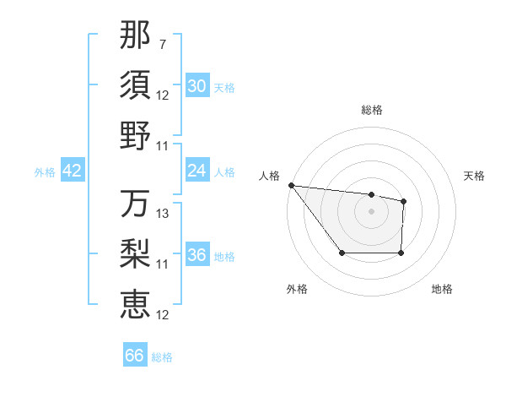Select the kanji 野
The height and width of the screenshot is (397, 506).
[135, 135]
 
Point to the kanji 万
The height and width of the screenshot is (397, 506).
[135, 204]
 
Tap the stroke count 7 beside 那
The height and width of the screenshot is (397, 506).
[162, 44]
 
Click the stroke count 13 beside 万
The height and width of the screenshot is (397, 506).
[164, 215]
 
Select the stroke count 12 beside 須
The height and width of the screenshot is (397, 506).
[163, 95]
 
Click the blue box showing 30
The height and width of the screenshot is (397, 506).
[196, 86]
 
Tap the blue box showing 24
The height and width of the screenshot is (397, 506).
[196, 171]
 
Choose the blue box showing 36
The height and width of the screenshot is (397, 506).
[196, 255]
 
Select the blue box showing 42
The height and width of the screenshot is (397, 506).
[72, 171]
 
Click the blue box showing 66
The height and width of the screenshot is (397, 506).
[134, 356]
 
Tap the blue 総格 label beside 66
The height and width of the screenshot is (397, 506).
[162, 357]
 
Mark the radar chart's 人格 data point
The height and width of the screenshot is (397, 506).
[291, 185]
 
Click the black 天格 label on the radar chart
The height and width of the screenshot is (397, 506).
[474, 176]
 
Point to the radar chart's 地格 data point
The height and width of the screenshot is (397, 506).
[401, 253]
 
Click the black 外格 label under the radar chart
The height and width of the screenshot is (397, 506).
[297, 289]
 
